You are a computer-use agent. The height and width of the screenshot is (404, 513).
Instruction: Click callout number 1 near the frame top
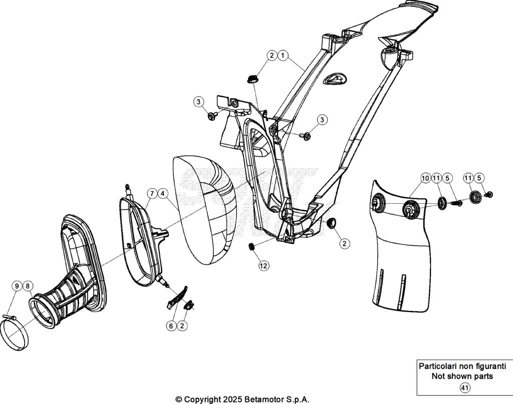(x=283, y=55)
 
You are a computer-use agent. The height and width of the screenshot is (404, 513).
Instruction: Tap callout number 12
(x=264, y=266)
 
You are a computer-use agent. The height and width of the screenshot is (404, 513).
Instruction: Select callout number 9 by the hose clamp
(x=17, y=286)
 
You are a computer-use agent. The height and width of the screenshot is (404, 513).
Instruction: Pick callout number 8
(x=28, y=286)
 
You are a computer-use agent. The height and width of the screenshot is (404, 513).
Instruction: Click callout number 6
(x=171, y=325)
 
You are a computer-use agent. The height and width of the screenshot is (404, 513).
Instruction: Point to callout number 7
(x=151, y=193)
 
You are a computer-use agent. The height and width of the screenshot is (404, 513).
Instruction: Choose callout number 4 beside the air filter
(x=162, y=193)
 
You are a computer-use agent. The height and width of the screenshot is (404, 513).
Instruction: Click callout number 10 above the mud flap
(x=425, y=178)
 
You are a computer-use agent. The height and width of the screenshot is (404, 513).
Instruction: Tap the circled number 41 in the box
(x=464, y=387)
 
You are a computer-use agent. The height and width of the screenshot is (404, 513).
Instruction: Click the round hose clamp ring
(x=14, y=335)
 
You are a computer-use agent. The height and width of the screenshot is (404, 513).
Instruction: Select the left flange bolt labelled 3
(x=211, y=117)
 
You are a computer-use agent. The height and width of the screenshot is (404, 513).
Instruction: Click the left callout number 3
(x=199, y=102)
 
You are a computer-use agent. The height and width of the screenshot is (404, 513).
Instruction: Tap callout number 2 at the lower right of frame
(x=344, y=243)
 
